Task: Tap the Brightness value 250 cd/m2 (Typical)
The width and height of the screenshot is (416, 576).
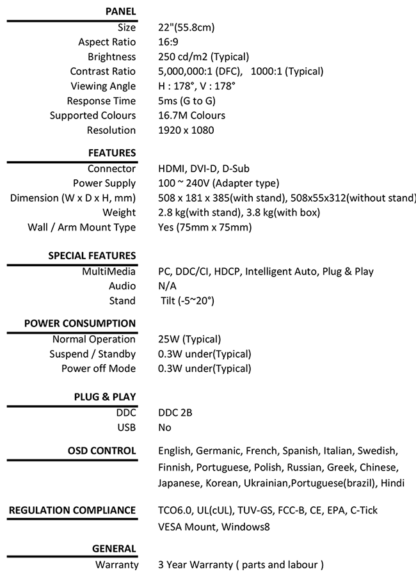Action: click(x=204, y=57)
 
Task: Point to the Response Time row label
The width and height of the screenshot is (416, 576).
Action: click(x=101, y=101)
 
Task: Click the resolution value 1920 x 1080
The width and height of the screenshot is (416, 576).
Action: click(x=186, y=131)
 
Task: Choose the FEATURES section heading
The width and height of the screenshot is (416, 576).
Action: click(x=112, y=153)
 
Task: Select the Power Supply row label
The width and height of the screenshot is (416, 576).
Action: click(x=104, y=184)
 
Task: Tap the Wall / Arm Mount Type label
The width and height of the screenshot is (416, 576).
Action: click(x=81, y=228)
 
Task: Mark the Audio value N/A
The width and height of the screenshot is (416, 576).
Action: click(x=167, y=286)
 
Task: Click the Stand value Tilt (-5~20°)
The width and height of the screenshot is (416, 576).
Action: click(x=188, y=301)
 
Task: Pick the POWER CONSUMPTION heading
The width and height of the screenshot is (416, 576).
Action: click(x=80, y=323)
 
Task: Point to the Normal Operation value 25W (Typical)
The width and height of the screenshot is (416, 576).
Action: click(x=189, y=339)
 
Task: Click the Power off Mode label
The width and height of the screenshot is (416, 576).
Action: click(x=99, y=369)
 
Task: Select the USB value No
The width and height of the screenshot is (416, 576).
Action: click(x=165, y=428)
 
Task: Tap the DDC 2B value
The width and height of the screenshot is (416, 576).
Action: click(x=175, y=413)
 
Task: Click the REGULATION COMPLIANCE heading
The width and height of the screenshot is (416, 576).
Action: click(x=72, y=510)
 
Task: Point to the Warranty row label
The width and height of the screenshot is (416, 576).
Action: click(x=116, y=565)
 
